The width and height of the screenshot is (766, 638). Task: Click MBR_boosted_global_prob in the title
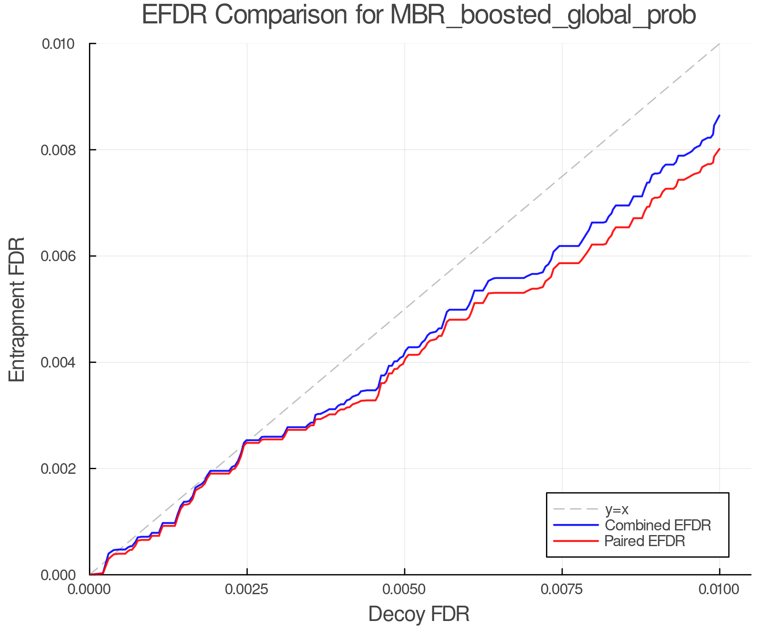tap(543, 16)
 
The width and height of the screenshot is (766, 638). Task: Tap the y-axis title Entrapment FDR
tap(17, 309)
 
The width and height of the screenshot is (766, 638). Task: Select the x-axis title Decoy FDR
tap(419, 614)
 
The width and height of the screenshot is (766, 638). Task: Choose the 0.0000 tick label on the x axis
tap(89, 589)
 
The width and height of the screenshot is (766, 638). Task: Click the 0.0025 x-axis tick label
tap(247, 589)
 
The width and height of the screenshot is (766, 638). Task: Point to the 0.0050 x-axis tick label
tap(404, 589)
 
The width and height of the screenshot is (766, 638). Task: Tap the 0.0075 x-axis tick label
tap(562, 589)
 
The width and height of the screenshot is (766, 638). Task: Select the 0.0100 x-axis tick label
tap(719, 589)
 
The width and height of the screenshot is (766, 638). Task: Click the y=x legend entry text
tap(617, 509)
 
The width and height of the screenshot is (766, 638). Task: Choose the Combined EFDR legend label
tap(657, 525)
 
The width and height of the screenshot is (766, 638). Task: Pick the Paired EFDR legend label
tap(644, 541)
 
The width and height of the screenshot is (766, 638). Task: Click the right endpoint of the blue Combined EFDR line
tap(719, 116)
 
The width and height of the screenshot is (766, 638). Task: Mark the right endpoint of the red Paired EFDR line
tap(719, 149)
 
